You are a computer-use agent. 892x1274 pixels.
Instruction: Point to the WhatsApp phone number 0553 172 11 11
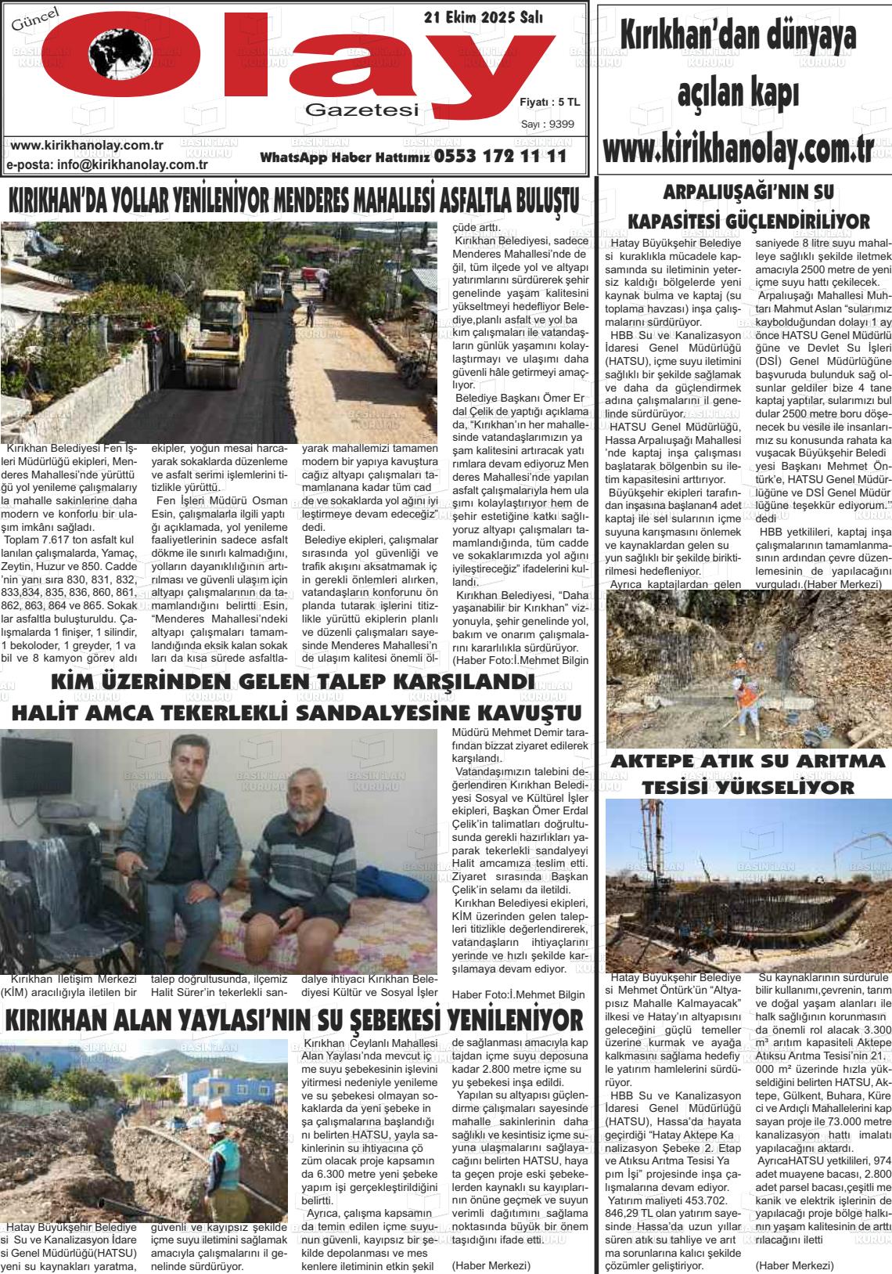499,157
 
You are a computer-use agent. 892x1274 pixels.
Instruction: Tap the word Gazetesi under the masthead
361,110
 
